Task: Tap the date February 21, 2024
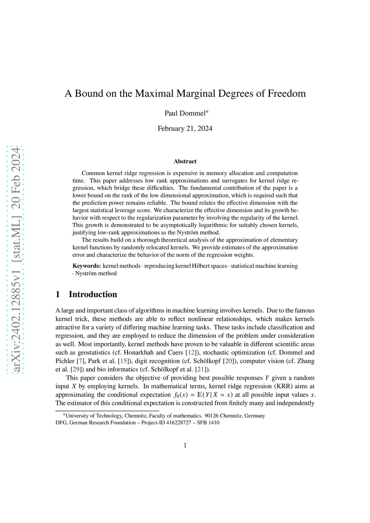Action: [x=185, y=128]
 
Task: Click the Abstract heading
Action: [x=185, y=161]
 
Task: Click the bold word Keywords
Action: [x=87, y=266]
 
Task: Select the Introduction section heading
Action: [x=93, y=295]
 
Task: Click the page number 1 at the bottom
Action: [x=185, y=445]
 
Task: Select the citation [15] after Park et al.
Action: [x=124, y=361]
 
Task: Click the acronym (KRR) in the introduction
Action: [x=283, y=386]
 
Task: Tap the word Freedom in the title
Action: [x=287, y=93]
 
